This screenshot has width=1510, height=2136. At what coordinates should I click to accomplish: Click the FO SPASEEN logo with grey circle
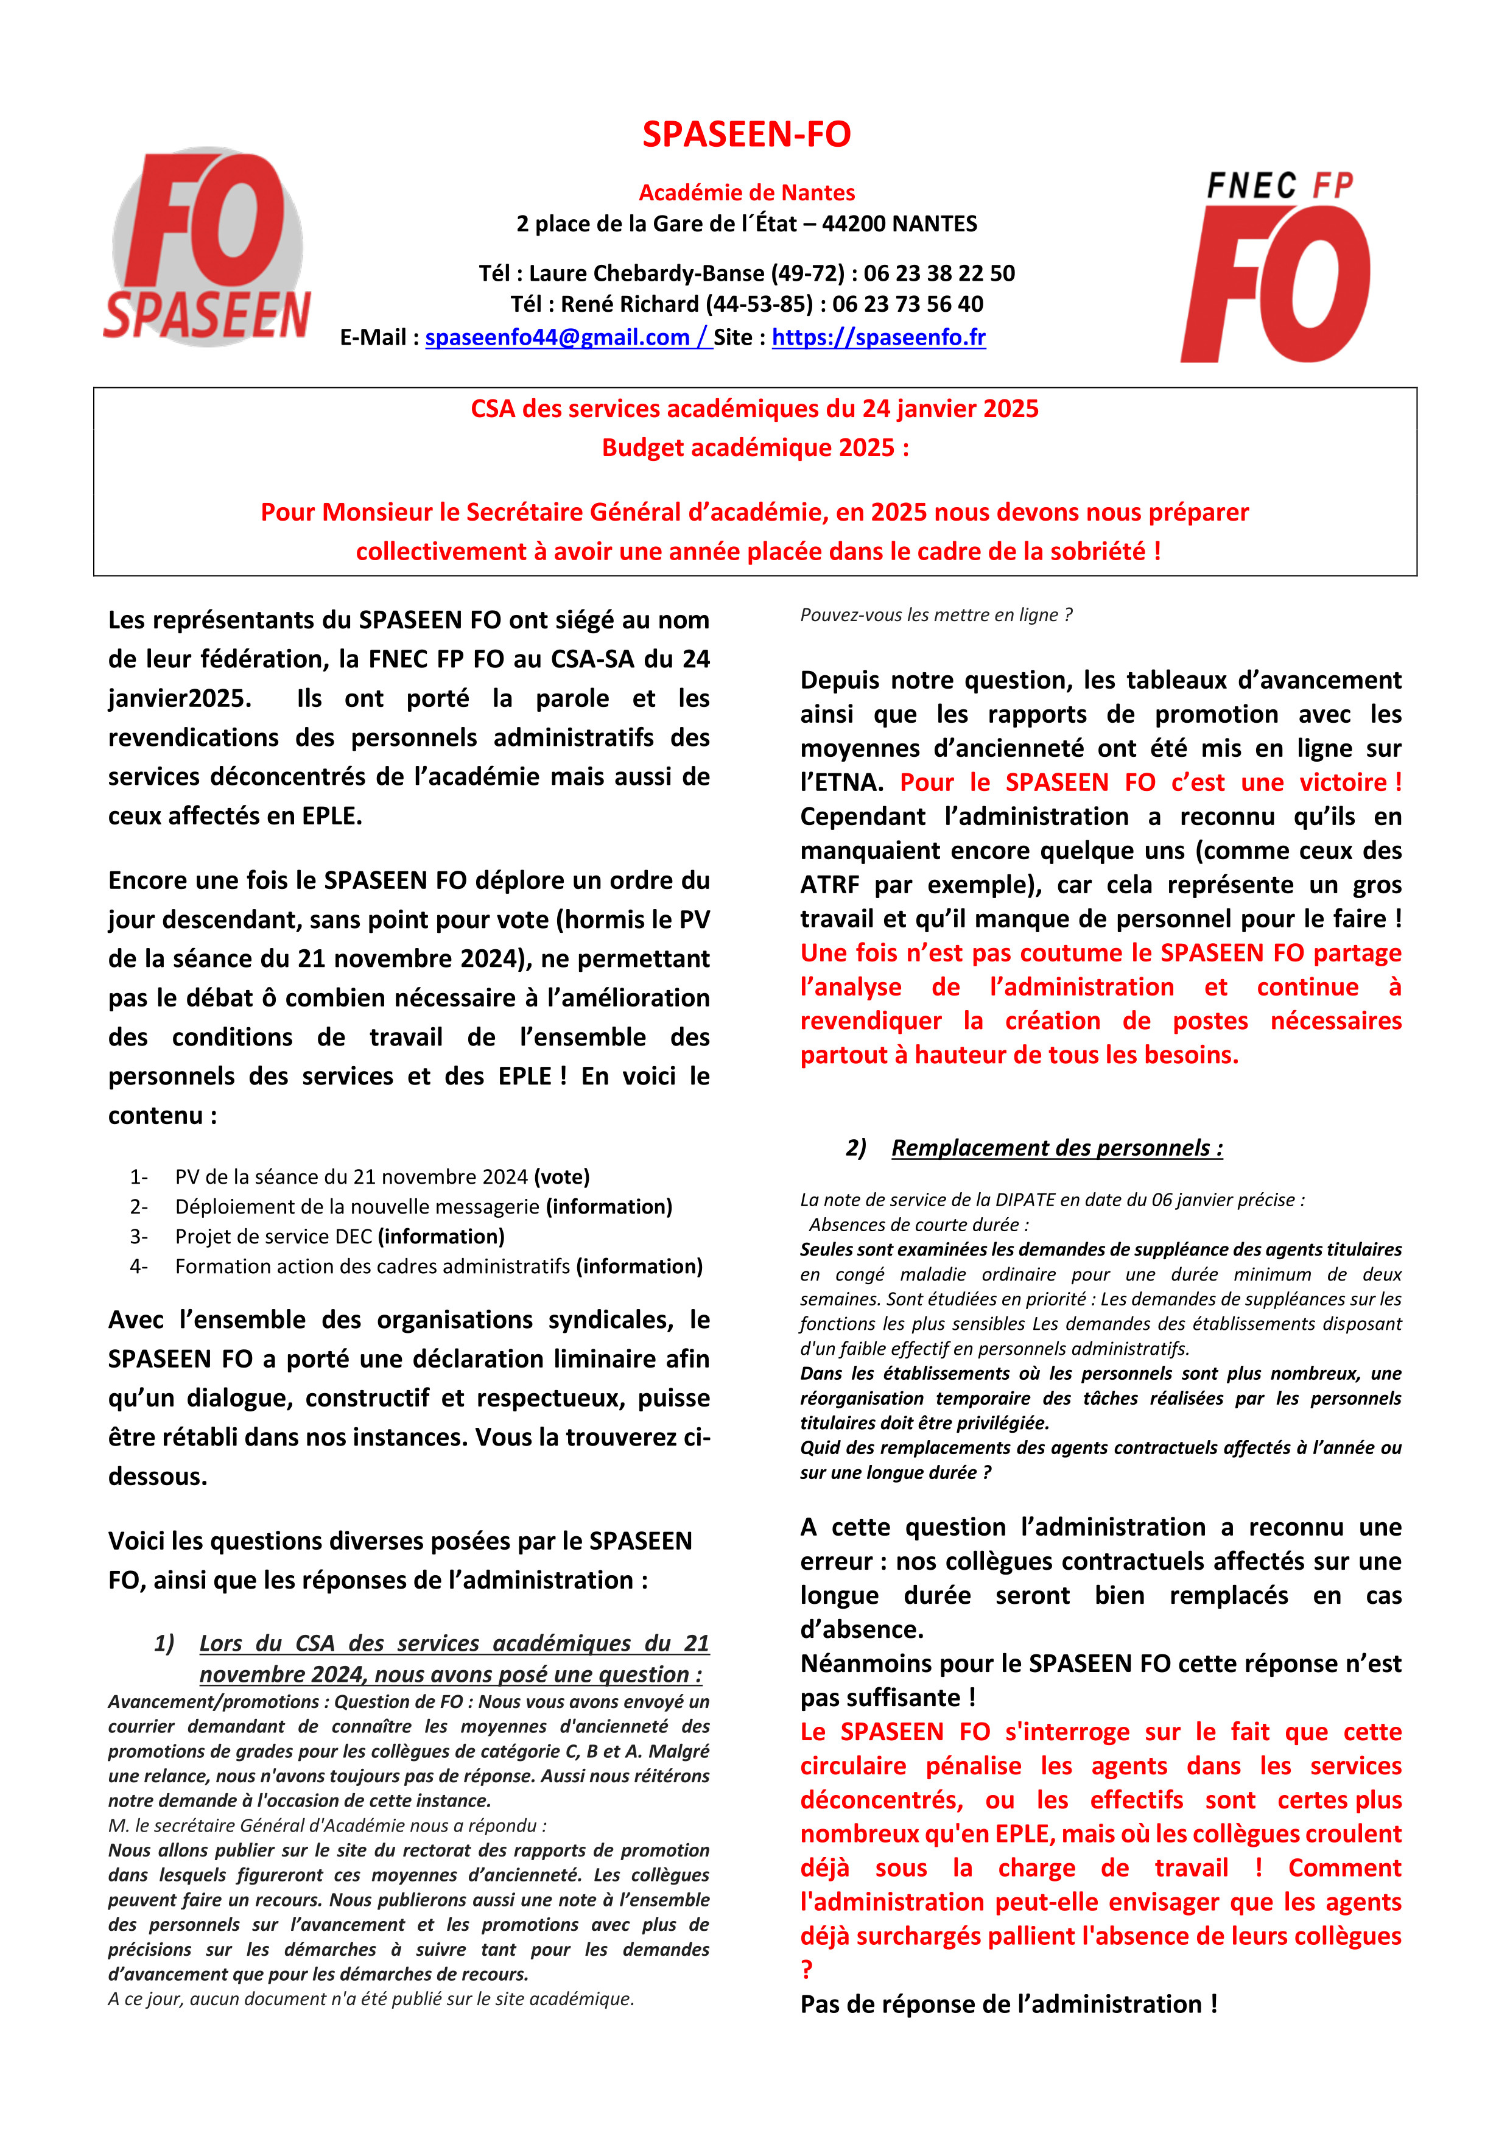pos(206,247)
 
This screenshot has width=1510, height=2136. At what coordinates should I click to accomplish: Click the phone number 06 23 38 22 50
pos(939,273)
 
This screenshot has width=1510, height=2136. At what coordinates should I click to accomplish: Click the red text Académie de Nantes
pos(746,192)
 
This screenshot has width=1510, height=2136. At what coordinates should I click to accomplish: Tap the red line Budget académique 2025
pos(754,448)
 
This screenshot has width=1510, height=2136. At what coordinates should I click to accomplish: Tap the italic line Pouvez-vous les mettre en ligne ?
pos(936,615)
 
